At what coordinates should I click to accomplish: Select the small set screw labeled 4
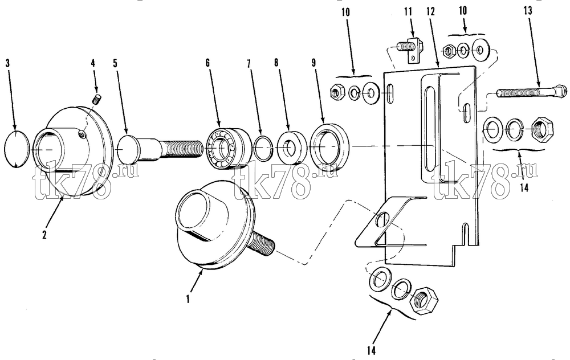tap(96, 99)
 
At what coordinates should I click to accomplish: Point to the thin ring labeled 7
tap(264, 148)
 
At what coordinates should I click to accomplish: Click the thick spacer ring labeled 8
tap(291, 147)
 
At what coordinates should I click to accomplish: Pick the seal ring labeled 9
tap(329, 145)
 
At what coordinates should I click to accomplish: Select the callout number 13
tap(528, 11)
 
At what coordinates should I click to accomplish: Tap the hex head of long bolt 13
tap(561, 90)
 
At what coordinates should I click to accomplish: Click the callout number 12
tap(431, 11)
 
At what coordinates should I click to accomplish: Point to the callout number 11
tap(408, 11)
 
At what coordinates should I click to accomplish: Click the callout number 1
tap(188, 299)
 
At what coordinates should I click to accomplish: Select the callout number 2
tap(44, 235)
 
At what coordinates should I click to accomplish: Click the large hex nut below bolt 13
tap(542, 129)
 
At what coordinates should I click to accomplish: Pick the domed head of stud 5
tap(127, 148)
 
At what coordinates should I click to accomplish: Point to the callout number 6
tap(207, 63)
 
